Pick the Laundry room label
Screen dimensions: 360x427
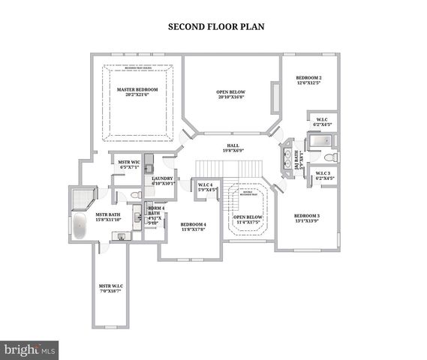163,181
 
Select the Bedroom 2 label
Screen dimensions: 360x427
308,80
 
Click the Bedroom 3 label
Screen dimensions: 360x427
307,218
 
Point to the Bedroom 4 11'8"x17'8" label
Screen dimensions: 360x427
193,226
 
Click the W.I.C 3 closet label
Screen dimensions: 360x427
323,175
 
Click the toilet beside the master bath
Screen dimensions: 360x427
136,195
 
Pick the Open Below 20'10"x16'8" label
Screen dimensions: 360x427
231,95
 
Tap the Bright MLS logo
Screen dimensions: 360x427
30,349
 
